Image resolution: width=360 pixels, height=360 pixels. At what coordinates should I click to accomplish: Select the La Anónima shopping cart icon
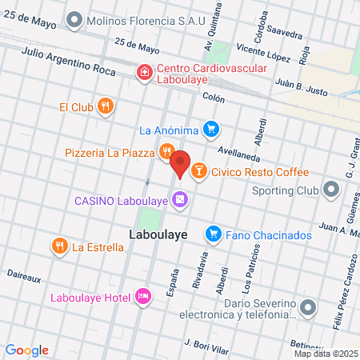(x=210, y=128)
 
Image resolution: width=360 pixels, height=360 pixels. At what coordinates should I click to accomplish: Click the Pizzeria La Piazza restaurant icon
(x=166, y=151)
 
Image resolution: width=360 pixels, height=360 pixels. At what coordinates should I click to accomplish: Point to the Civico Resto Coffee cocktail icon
(x=198, y=170)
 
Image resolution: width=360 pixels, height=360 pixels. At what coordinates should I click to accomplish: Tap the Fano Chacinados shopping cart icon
(x=213, y=234)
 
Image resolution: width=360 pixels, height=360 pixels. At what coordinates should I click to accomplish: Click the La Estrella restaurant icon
(x=58, y=246)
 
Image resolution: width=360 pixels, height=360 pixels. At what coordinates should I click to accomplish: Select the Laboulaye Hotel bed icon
(x=143, y=298)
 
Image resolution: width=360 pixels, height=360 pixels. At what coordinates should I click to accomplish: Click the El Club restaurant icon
(x=105, y=106)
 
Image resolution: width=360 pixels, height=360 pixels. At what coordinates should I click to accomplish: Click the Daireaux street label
(x=24, y=276)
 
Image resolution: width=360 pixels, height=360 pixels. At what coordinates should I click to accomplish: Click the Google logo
(x=26, y=350)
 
